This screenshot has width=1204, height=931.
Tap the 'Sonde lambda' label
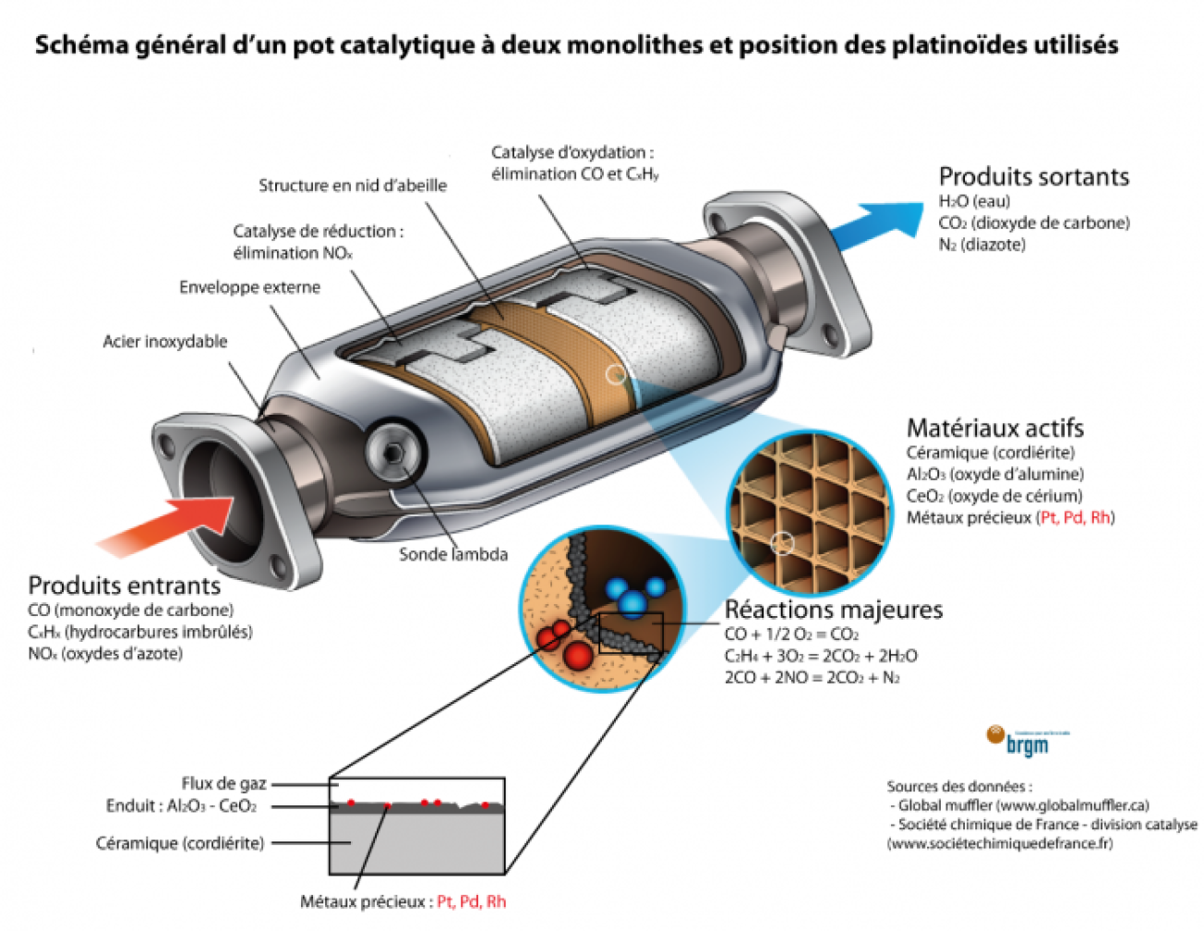click(x=452, y=554)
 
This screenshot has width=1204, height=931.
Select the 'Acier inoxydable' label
click(x=164, y=342)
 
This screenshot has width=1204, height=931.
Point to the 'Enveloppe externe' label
click(x=249, y=287)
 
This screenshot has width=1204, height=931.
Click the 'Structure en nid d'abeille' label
click(x=352, y=186)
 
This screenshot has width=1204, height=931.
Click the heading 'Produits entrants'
click(x=124, y=586)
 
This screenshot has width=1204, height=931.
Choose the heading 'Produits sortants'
click(x=1033, y=176)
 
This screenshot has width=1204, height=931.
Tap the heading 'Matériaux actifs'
click(x=994, y=428)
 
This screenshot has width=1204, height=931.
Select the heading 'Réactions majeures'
click(x=833, y=610)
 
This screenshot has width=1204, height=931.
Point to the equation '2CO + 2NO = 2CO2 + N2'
click(x=812, y=678)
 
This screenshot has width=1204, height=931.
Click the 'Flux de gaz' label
click(x=223, y=783)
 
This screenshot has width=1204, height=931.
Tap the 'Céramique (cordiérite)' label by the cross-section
click(x=180, y=843)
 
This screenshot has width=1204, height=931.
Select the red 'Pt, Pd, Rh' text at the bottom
click(x=471, y=901)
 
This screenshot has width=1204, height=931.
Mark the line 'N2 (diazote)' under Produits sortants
click(x=981, y=245)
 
